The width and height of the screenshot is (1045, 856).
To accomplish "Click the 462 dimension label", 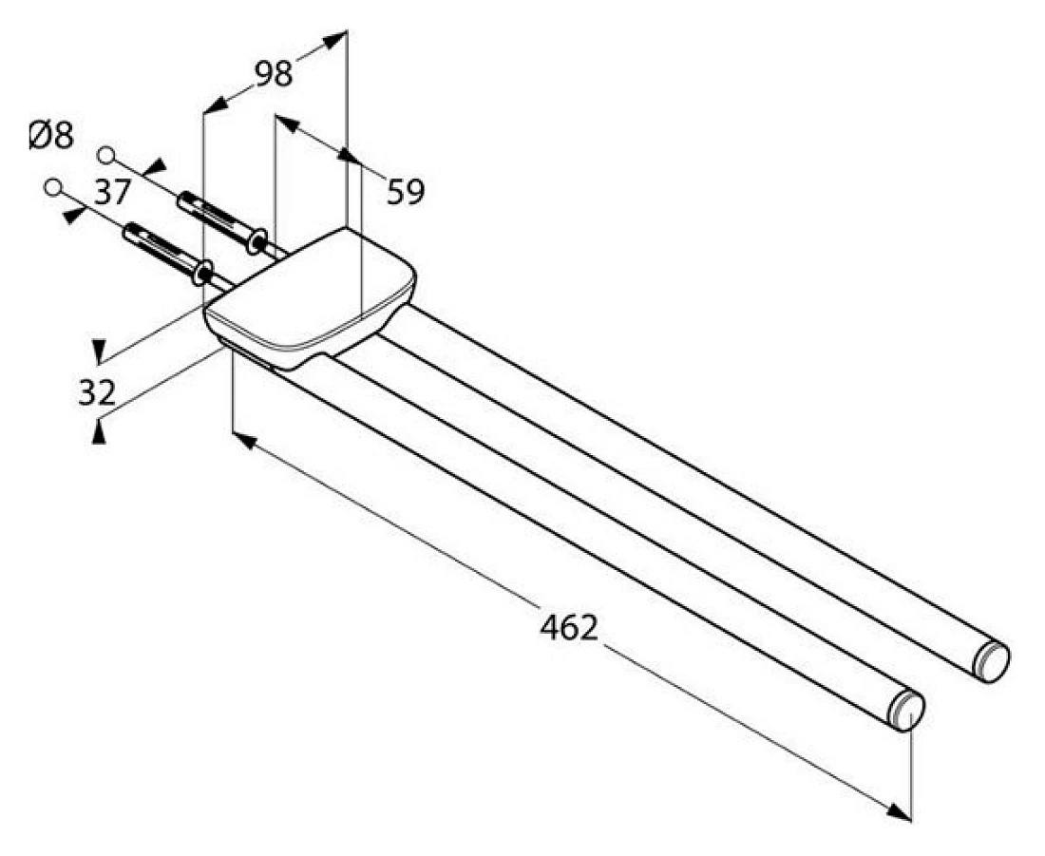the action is pyautogui.click(x=568, y=627).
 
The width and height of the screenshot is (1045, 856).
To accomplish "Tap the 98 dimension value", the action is pyautogui.click(x=274, y=73).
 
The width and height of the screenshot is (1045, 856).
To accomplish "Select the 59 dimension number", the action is pyautogui.click(x=406, y=192).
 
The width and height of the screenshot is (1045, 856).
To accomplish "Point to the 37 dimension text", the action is pyautogui.click(x=111, y=193).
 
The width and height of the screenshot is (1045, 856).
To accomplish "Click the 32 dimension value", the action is pyautogui.click(x=97, y=392).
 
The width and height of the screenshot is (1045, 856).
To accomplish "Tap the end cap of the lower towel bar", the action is pyautogui.click(x=906, y=712).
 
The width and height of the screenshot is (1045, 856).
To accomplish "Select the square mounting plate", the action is pyautogui.click(x=311, y=297).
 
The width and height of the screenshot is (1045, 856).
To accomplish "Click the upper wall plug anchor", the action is pyautogui.click(x=221, y=221).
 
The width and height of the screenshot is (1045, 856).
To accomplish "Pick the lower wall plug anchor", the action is pyautogui.click(x=168, y=253).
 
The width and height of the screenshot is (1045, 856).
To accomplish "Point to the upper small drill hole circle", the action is pyautogui.click(x=105, y=155).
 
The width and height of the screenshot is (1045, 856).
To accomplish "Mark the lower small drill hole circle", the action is pyautogui.click(x=53, y=187).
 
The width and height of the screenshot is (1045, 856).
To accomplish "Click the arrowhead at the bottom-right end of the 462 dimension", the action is pyautogui.click(x=899, y=812).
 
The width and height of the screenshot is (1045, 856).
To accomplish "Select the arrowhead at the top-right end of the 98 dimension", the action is pyautogui.click(x=336, y=41).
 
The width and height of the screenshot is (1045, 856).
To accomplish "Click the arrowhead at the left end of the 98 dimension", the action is pyautogui.click(x=215, y=105).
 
